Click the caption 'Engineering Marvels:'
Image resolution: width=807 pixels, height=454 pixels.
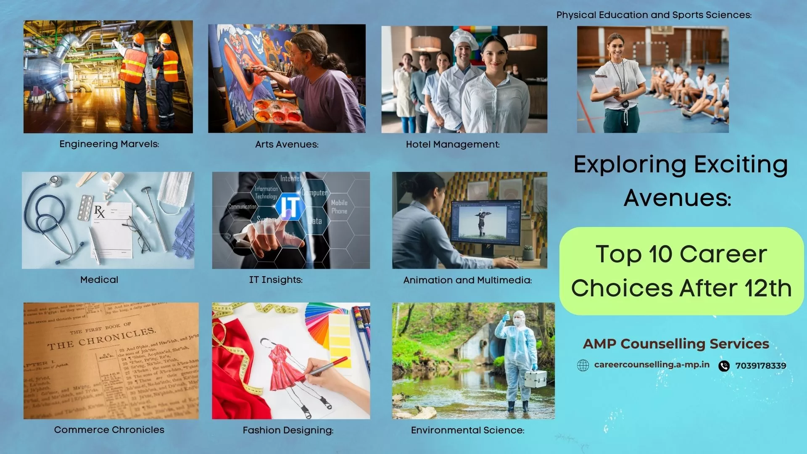coord(109,144)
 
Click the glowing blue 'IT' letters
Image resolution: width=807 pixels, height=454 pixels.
coord(290,207)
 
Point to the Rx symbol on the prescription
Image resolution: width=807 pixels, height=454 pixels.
coord(100,211)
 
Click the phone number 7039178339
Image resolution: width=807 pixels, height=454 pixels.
coord(760,366)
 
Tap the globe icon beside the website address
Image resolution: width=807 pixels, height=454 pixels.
coord(583,365)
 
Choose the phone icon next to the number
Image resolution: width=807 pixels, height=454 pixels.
coord(724,366)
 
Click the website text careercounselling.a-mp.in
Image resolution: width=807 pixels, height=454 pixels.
coord(651,365)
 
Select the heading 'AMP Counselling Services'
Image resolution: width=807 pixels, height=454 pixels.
coord(676,344)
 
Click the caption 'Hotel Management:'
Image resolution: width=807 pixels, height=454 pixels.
coord(453,145)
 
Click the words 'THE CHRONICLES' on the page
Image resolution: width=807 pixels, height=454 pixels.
coord(102,339)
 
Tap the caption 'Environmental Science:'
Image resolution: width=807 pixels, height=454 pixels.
coord(467,430)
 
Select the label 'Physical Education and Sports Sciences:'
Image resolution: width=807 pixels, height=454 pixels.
coord(654,15)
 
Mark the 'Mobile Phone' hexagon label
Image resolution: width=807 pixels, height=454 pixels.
coord(339,207)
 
